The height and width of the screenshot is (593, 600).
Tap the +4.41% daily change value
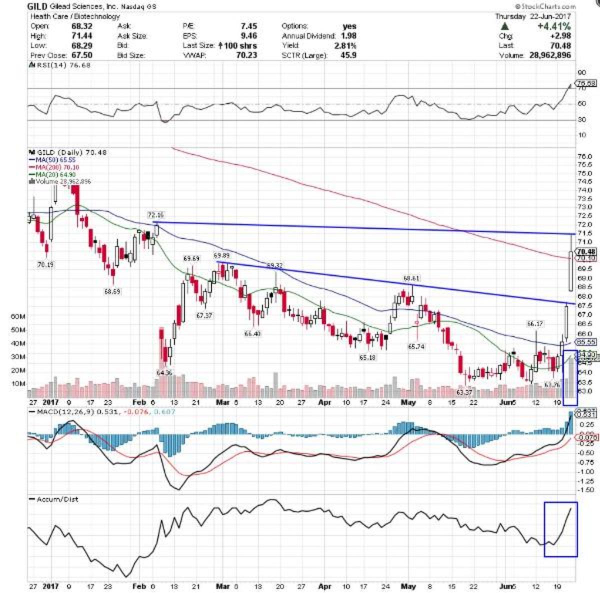[x=555, y=26]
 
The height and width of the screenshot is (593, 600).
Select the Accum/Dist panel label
[x=57, y=499]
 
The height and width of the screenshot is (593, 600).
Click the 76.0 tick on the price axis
[x=584, y=156]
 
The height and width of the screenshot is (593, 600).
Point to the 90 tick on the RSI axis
[x=581, y=72]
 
